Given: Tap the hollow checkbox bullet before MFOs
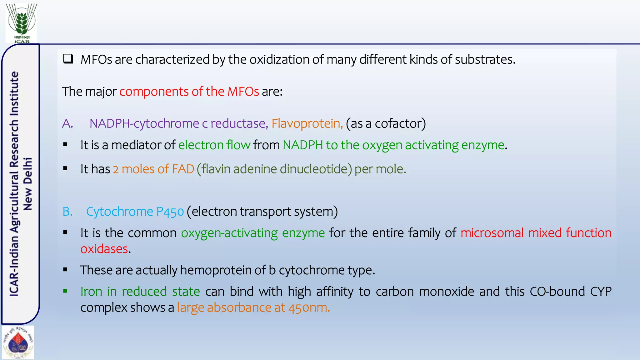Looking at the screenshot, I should click(x=68, y=59).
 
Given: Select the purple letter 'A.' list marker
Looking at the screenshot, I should click(x=67, y=123).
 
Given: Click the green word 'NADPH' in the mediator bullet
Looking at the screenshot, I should click(x=303, y=145).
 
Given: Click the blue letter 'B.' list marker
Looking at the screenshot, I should click(x=67, y=212).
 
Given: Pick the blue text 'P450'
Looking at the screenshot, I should click(x=170, y=212).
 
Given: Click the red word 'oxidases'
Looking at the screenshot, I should click(x=104, y=249).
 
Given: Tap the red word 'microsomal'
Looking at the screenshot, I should click(x=492, y=233).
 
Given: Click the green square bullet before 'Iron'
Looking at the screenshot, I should click(x=65, y=291).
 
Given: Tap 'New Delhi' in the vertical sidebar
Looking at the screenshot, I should click(x=28, y=184).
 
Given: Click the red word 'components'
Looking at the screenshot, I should click(x=153, y=92).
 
